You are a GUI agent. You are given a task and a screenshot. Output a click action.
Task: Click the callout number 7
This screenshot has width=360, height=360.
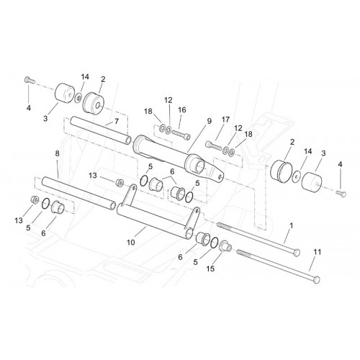point(117,122)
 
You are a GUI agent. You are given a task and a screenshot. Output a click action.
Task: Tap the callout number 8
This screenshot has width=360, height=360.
point(57,153)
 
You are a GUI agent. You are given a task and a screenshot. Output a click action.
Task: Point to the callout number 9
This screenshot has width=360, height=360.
point(210,122)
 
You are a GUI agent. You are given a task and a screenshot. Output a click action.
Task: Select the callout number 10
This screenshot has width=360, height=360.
point(131,243)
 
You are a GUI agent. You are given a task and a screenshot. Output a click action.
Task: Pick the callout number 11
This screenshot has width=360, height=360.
point(318,252)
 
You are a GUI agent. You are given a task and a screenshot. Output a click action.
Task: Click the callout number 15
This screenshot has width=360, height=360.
point(210,269)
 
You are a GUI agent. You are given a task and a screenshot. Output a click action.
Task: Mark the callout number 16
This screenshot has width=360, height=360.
point(182,110)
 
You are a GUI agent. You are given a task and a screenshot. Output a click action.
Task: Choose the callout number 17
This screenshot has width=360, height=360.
point(225,120)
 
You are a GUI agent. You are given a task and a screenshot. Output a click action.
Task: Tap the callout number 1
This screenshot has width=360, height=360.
point(292,225)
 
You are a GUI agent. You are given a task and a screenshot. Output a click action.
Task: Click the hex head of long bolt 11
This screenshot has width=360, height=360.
point(317,279)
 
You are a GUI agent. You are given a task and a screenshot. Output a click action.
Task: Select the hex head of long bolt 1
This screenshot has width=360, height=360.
point(297,252)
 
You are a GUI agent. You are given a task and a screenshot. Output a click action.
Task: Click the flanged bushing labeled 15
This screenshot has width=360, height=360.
point(225,246)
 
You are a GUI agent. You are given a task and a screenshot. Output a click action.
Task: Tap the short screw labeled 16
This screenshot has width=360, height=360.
point(181,135)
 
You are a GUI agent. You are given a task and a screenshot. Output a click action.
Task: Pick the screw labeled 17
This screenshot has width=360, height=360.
point(214,145)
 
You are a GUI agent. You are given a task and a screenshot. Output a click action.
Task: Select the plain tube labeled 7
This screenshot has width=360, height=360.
point(101,130)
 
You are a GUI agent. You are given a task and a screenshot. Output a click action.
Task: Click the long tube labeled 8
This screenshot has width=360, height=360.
point(78,193)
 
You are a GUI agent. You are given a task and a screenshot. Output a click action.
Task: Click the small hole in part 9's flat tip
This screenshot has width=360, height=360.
point(220,176)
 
